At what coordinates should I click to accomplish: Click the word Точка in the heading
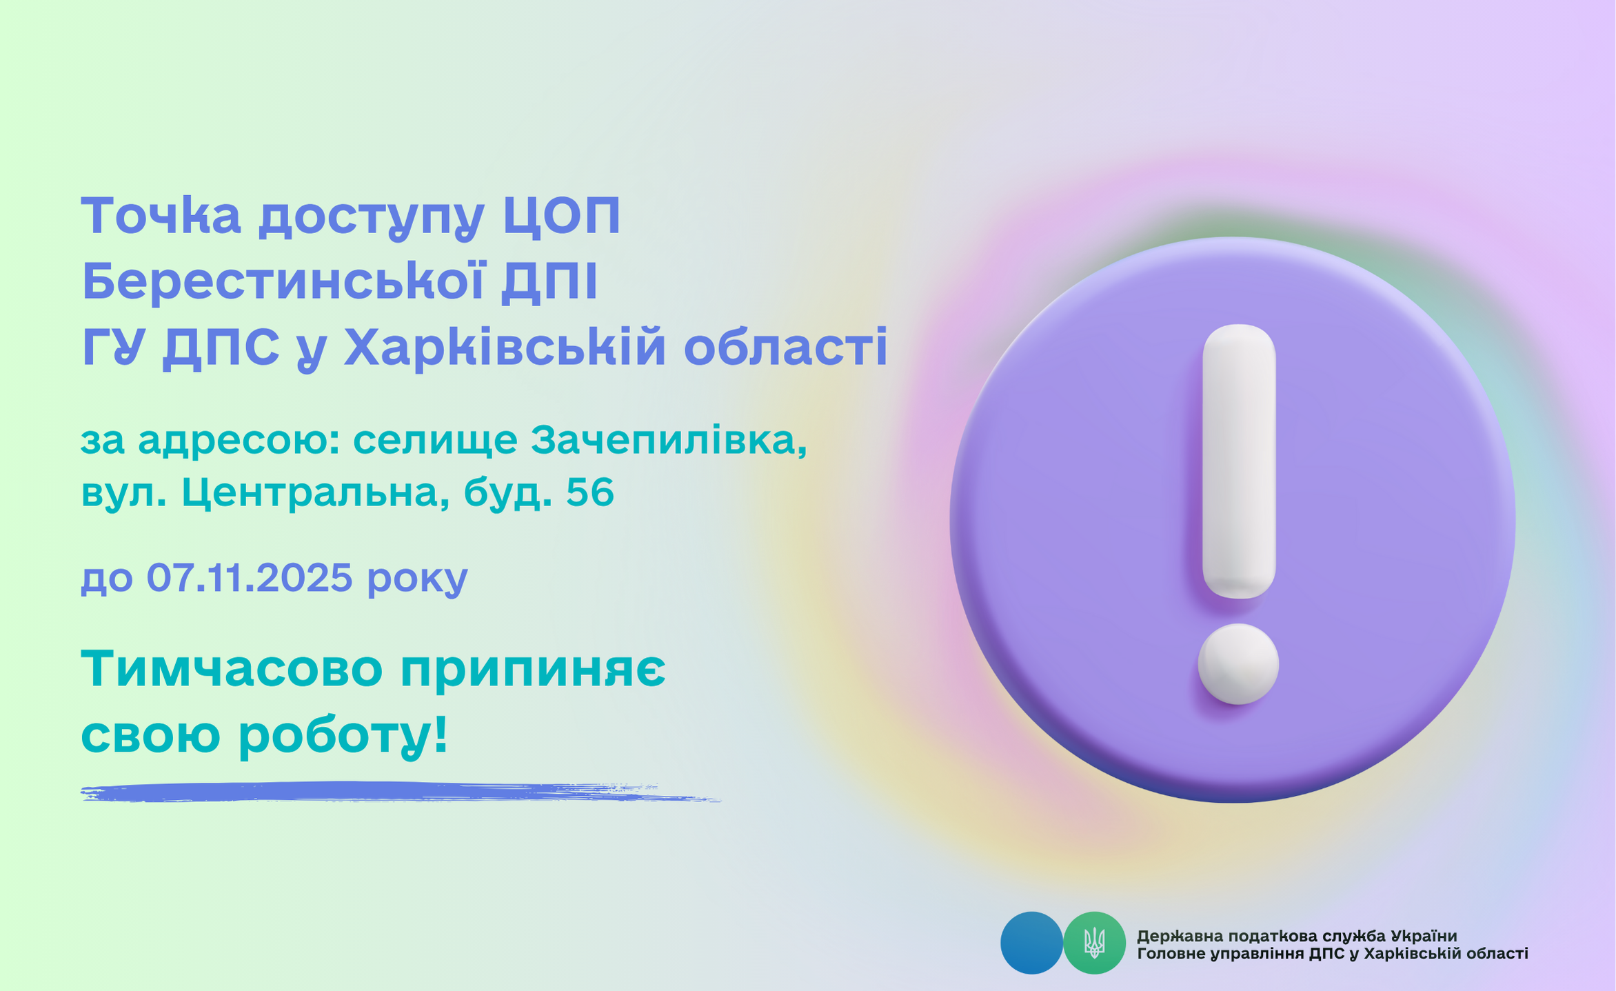161,215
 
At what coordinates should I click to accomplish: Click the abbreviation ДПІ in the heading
549,283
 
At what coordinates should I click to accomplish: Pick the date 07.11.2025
250,577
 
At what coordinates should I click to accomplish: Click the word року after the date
418,581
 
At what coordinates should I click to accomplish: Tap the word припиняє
533,671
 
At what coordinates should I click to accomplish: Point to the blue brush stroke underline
400,792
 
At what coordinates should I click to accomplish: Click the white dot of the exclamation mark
1238,664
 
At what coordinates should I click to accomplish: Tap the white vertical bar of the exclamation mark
1239,461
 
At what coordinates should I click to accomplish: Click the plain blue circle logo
1031,943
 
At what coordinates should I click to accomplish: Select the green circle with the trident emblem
1094,943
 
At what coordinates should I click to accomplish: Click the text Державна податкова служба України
1297,936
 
